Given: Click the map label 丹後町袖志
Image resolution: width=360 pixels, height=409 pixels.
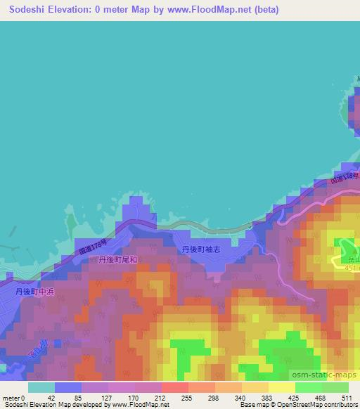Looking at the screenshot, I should pos(202,249).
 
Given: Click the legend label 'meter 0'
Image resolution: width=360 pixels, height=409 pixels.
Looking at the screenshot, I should pos(13,398).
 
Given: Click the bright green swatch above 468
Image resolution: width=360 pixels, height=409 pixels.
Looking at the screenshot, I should pos(308,387).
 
